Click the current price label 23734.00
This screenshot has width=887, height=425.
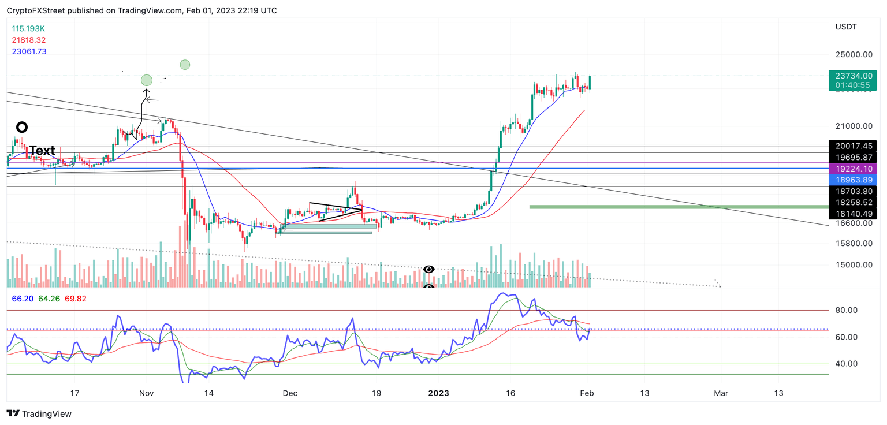coord(852,76)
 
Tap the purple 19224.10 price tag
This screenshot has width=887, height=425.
coord(852,169)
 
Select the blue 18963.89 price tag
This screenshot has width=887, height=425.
coord(852,180)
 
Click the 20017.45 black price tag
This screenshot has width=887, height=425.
coord(852,146)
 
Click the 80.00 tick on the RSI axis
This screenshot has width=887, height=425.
coord(846,310)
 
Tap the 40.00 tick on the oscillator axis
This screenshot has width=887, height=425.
coord(846,364)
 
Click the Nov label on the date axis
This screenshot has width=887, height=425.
coord(146,393)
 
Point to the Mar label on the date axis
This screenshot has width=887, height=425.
coord(721,393)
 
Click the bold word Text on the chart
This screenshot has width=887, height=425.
coord(42,151)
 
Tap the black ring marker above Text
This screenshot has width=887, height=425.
coord(22,127)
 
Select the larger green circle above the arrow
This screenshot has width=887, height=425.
coord(147,80)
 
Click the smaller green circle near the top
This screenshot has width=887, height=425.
coord(185,65)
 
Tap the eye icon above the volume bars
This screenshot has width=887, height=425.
coord(428,269)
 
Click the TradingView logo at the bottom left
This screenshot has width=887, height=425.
coord(39,413)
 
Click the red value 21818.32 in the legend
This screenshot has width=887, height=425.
coord(28,40)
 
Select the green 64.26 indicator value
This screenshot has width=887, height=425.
coord(50,299)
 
